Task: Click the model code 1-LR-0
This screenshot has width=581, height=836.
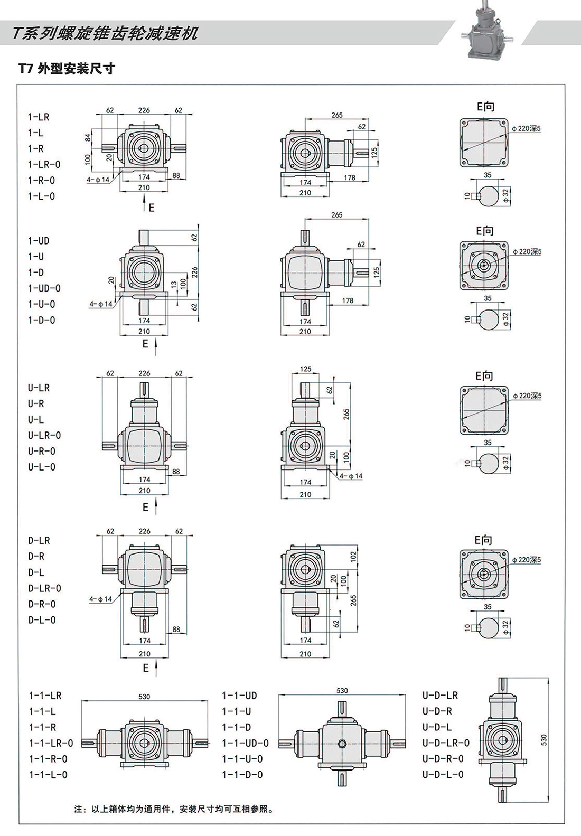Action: [x=44, y=165]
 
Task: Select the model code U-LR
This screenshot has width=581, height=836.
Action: [x=39, y=388]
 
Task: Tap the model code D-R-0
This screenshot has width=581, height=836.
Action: [x=42, y=604]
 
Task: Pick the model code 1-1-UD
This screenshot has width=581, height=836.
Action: [x=239, y=696]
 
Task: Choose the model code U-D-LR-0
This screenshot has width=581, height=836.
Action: [x=446, y=743]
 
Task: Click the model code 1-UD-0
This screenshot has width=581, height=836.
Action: [x=44, y=288]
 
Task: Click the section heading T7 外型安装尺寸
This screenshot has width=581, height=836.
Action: [x=67, y=69]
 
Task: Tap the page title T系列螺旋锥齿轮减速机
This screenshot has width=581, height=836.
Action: [x=105, y=34]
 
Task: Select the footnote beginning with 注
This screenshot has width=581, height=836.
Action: [x=174, y=809]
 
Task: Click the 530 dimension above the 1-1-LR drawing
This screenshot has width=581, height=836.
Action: [x=144, y=697]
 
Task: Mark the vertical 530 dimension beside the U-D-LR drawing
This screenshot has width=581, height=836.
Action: [x=544, y=740]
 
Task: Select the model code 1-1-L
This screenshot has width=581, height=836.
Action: [x=42, y=711]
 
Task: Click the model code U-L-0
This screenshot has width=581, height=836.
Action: [x=42, y=467]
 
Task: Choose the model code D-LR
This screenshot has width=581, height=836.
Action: [x=39, y=541]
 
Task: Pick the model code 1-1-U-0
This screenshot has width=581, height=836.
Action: [x=242, y=759]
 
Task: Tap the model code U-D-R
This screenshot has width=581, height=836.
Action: [x=437, y=711]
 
